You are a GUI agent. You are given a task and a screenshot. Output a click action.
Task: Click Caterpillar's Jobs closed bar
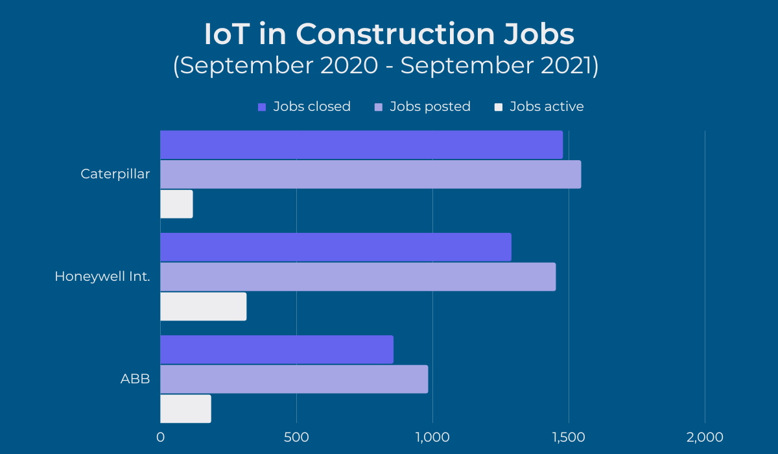pyautogui.click(x=361, y=145)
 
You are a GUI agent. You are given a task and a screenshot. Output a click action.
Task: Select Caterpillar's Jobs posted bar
pyautogui.click(x=370, y=174)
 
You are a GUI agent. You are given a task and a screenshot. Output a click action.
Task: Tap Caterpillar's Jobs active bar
pyautogui.click(x=176, y=204)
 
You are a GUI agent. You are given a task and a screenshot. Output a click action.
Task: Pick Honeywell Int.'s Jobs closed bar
pyautogui.click(x=335, y=247)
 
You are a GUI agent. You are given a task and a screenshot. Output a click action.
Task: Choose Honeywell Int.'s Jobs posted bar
pyautogui.click(x=358, y=277)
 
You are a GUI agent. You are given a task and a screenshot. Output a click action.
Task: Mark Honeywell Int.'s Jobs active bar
pyautogui.click(x=203, y=307)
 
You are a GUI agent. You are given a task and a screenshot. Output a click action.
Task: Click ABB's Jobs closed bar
pyautogui.click(x=277, y=350)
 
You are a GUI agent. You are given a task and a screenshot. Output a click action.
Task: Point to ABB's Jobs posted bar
pyautogui.click(x=294, y=379)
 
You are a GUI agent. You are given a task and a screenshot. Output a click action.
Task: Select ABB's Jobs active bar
pyautogui.click(x=185, y=409)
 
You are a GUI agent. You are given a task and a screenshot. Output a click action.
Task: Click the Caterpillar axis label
pyautogui.click(x=115, y=174)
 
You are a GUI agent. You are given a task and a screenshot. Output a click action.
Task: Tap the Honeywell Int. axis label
pyautogui.click(x=102, y=277)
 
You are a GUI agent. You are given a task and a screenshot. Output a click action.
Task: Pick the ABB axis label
pyautogui.click(x=136, y=379)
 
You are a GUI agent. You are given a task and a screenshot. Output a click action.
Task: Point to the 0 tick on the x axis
pyautogui.click(x=161, y=437)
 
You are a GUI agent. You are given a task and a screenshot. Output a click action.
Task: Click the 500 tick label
pyautogui.click(x=296, y=437)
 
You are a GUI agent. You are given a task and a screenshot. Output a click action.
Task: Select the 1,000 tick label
pyautogui.click(x=432, y=437)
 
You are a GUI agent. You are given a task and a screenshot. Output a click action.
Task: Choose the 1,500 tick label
pyautogui.click(x=569, y=437)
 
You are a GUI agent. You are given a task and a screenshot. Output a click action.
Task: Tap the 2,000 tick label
pyautogui.click(x=705, y=437)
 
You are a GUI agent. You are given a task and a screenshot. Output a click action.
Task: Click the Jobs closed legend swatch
pyautogui.click(x=262, y=107)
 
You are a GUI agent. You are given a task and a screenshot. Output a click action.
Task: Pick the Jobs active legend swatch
pyautogui.click(x=499, y=107)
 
